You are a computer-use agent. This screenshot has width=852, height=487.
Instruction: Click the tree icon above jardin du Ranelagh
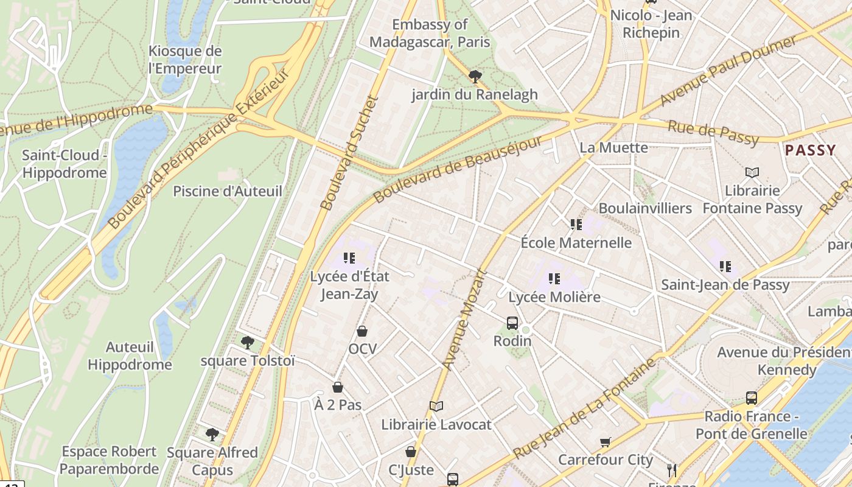pyautogui.click(x=475, y=76)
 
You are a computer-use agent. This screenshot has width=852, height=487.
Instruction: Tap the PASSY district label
pyautogui.click(x=811, y=150)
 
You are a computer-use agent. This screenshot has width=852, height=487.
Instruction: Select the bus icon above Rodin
pyautogui.click(x=512, y=323)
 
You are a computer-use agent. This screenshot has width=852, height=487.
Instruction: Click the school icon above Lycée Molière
pyautogui.click(x=554, y=279)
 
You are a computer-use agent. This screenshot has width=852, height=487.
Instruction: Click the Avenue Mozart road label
pyautogui.click(x=466, y=320)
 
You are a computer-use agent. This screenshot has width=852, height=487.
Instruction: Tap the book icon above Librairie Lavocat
pyautogui.click(x=436, y=406)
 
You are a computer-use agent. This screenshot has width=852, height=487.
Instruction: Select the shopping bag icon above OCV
pyautogui.click(x=362, y=331)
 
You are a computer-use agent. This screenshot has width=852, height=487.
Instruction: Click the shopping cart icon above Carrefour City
pyautogui.click(x=605, y=442)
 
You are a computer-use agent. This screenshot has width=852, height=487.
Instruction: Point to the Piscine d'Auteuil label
pyautogui.click(x=228, y=191)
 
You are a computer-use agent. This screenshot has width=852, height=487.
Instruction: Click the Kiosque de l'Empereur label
pyautogui.click(x=185, y=60)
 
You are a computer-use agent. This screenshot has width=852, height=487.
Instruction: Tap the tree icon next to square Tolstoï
pyautogui.click(x=247, y=343)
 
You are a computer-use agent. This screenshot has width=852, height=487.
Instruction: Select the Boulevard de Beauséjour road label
pyautogui.click(x=458, y=170)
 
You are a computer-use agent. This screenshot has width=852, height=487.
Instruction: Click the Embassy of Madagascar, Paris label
pyautogui.click(x=430, y=33)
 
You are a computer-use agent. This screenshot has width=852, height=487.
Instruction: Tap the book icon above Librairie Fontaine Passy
pyautogui.click(x=752, y=173)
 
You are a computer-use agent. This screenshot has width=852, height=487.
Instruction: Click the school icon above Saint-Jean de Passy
pyautogui.click(x=725, y=266)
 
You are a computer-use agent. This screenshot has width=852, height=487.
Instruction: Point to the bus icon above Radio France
pyautogui.click(x=752, y=398)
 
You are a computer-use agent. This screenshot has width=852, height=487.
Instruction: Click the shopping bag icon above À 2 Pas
pyautogui.click(x=338, y=387)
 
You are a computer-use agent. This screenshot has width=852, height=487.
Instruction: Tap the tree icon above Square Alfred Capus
pyautogui.click(x=212, y=434)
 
